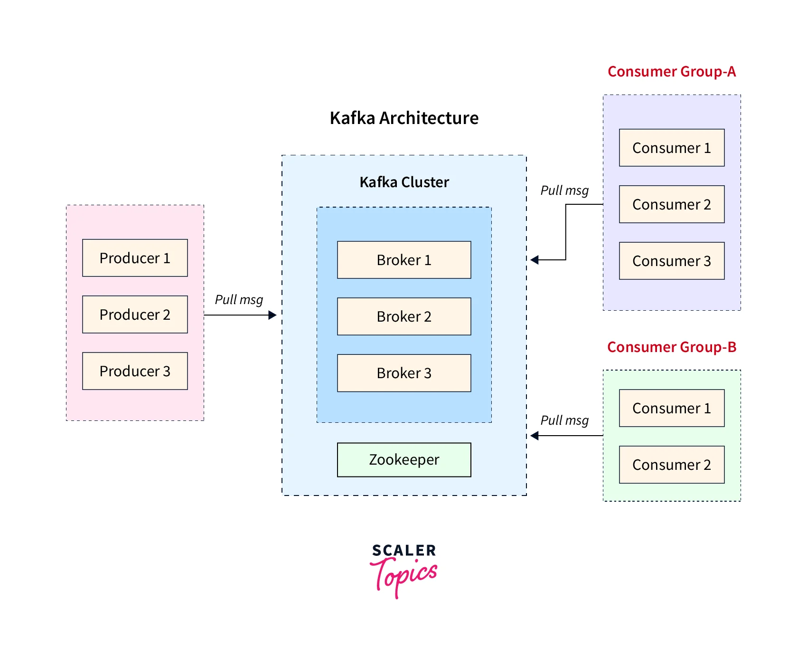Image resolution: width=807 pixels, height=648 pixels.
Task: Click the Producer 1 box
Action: coord(135,258)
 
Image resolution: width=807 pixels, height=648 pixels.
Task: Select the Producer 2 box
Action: coord(135,314)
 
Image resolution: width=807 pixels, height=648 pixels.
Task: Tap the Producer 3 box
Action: coord(135,371)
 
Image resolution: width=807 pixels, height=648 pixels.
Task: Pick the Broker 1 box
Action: coord(404,260)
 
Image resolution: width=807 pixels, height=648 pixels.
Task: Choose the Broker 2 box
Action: coord(404,316)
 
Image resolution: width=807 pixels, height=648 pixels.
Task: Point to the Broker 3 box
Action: coord(404,373)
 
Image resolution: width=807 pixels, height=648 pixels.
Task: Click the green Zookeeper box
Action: coord(404,460)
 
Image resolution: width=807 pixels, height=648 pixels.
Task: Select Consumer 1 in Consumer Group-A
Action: coord(672,148)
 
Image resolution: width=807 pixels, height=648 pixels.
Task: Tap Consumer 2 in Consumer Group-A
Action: coord(672,204)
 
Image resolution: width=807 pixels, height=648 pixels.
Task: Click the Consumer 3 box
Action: coord(672,261)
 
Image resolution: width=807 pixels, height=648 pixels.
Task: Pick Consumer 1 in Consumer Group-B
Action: coord(672,408)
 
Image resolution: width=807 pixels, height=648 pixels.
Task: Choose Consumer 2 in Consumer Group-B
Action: coord(672,465)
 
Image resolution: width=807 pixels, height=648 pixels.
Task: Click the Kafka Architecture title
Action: coord(404,118)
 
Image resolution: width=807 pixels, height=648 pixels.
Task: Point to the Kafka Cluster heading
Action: coord(404,182)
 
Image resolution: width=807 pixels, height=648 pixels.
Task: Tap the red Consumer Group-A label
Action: coord(672,72)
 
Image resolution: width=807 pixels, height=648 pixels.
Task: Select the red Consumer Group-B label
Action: coord(672,347)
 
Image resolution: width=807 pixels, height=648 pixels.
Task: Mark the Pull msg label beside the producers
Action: coord(239,300)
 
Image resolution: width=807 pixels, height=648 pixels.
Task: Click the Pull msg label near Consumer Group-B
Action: coord(564,420)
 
